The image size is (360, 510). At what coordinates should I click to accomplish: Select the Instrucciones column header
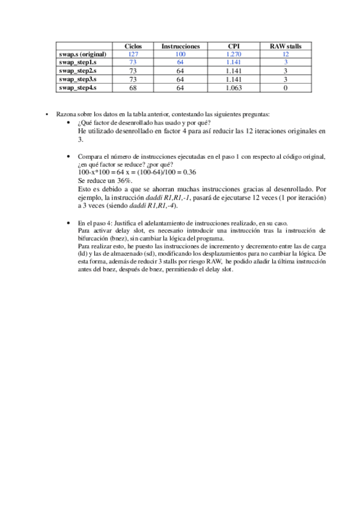[x=180, y=46]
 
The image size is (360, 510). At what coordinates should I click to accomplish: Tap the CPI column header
[x=234, y=46]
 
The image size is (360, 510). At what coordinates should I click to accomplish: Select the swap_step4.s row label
[x=78, y=88]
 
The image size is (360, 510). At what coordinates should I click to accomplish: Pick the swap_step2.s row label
[x=78, y=71]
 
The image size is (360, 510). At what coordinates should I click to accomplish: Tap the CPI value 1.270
[x=234, y=54]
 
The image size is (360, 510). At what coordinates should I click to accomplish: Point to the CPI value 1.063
[x=234, y=88]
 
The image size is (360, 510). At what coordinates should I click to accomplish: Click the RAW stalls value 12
[x=285, y=54]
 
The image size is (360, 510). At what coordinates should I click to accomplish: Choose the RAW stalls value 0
[x=285, y=88]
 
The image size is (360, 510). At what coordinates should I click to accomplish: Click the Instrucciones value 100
[x=180, y=54]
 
